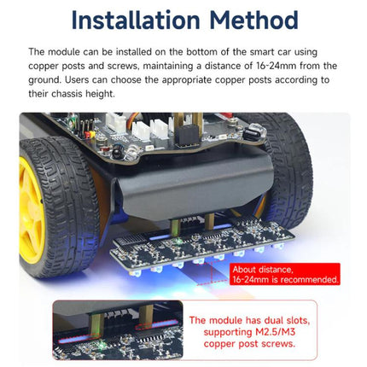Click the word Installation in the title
pos(136,20)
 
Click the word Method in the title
pos(253,20)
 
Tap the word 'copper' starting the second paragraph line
pos(43,67)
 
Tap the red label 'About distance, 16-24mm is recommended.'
pos(285,274)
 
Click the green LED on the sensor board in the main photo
pos(178,242)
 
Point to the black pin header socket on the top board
pos(187,135)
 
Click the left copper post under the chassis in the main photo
pos(174,229)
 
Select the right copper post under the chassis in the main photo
pos(209,221)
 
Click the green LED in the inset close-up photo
pos(102,345)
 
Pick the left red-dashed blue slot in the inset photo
pos(79,339)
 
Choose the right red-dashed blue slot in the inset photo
pos(156,324)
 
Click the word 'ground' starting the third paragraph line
pos(44,80)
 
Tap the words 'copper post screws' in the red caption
pos(249,344)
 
